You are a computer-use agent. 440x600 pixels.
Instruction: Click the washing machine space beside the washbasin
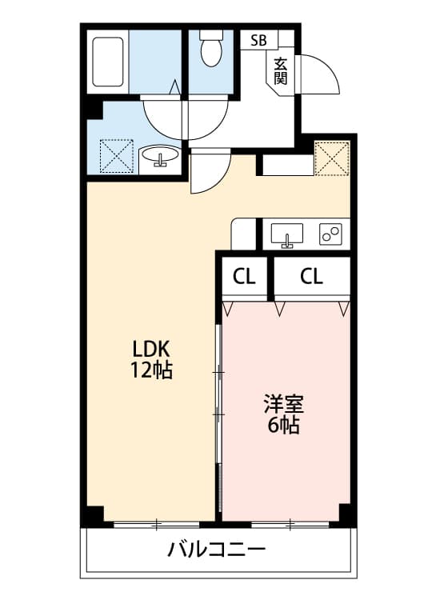(116, 156)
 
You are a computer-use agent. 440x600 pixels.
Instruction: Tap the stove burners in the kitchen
(330, 234)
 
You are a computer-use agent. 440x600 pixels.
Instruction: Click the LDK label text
(151, 350)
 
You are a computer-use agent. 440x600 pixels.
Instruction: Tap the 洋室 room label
(283, 403)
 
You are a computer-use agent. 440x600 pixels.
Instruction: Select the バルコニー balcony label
(216, 550)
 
